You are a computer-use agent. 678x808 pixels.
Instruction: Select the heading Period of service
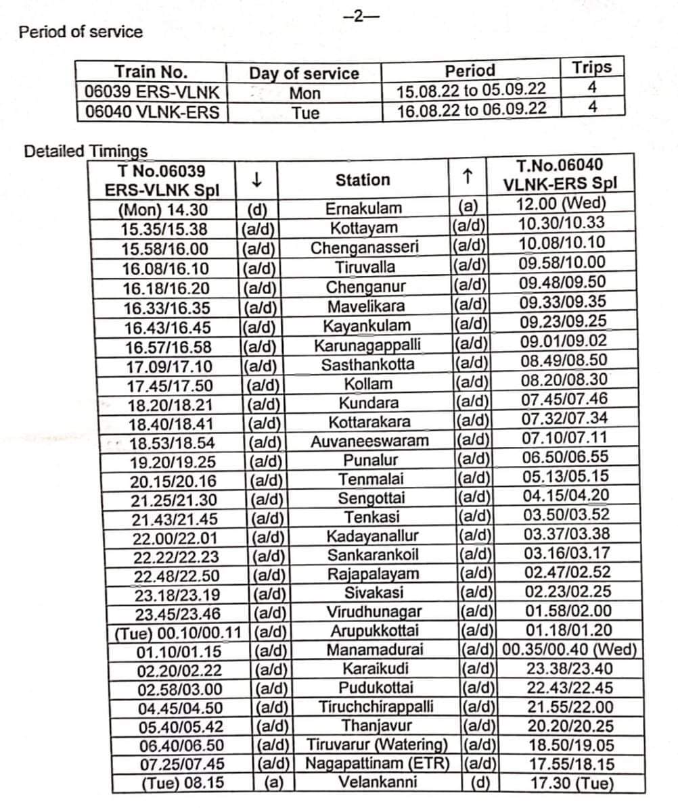tap(81, 32)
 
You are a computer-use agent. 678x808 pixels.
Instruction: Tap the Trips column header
tap(591, 68)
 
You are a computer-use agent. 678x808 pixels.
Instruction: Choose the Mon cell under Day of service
tap(304, 93)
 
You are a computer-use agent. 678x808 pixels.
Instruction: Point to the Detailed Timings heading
tap(86, 151)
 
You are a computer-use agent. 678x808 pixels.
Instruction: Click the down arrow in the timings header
tap(256, 180)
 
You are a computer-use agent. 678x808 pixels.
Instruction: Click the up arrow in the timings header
tap(466, 177)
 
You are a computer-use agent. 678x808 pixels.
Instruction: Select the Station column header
tap(363, 180)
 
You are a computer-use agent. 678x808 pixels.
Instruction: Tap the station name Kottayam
tap(364, 228)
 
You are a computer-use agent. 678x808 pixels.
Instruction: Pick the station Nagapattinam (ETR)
tap(377, 764)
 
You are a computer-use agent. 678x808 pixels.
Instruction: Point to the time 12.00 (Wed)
tap(562, 204)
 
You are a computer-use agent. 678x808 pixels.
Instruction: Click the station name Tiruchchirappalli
tap(376, 707)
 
